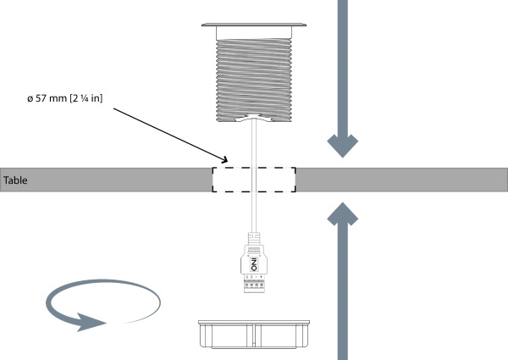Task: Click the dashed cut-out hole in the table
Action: [x=254, y=180]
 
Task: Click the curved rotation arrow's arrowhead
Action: [x=89, y=321]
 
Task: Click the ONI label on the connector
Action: [x=253, y=265]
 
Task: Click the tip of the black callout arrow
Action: [x=228, y=161]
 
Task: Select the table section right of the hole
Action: [x=398, y=180]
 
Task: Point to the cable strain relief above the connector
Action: [x=253, y=237]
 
